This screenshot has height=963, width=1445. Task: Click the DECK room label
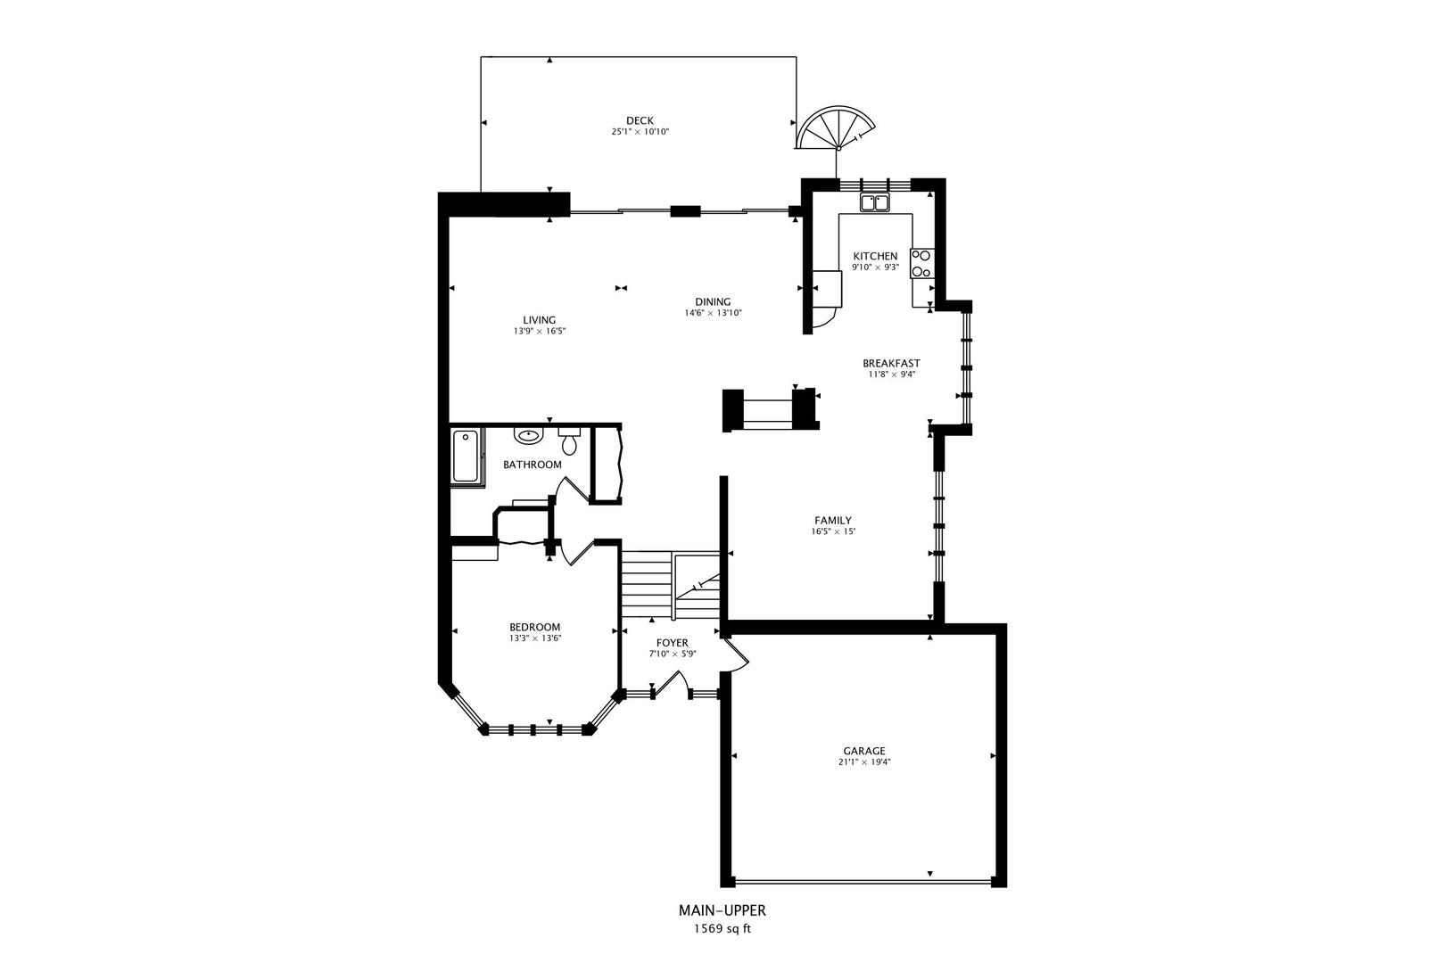[640, 120]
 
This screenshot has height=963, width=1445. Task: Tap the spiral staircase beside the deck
[835, 129]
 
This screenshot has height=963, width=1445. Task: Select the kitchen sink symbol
[875, 203]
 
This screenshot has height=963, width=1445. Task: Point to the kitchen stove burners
[921, 262]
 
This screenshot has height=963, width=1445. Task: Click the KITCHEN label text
[875, 256]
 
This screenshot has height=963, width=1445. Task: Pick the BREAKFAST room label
[891, 363]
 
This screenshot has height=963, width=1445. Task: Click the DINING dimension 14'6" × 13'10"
[714, 313]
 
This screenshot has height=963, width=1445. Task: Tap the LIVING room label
[540, 320]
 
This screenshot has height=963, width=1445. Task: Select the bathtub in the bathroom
[465, 457]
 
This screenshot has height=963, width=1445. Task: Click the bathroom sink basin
[529, 437]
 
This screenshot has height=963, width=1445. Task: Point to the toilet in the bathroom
[569, 442]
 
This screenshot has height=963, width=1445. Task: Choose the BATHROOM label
[533, 465]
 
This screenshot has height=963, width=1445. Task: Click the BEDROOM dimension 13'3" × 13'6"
[535, 638]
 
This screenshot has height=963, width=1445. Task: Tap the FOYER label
[673, 643]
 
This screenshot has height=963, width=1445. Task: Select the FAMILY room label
[833, 520]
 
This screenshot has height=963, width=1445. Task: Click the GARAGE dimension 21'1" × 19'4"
[864, 762]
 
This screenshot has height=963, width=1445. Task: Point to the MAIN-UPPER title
[722, 910]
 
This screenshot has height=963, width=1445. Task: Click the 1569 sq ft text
[722, 928]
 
